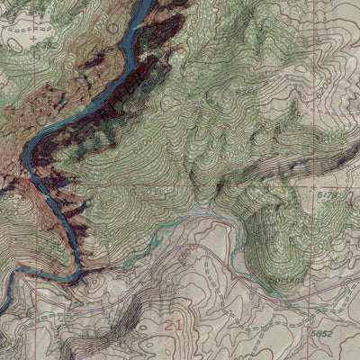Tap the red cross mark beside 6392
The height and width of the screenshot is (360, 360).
[34, 40]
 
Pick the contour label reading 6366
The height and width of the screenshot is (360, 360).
[244, 92]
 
